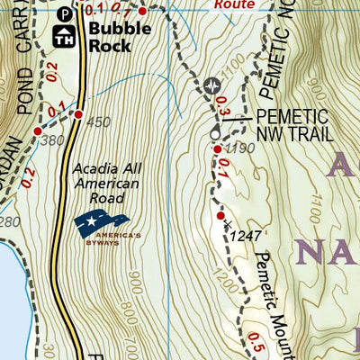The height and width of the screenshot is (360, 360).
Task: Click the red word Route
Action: (236, 4)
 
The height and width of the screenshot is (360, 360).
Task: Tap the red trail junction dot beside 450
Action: (79, 114)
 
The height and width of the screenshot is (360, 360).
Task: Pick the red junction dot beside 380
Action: (38, 131)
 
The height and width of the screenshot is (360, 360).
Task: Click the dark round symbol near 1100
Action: (212, 86)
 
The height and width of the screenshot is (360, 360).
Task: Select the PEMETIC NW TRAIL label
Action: (294, 125)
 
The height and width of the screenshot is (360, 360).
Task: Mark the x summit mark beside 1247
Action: (229, 223)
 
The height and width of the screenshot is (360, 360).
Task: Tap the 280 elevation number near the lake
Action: (10, 221)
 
